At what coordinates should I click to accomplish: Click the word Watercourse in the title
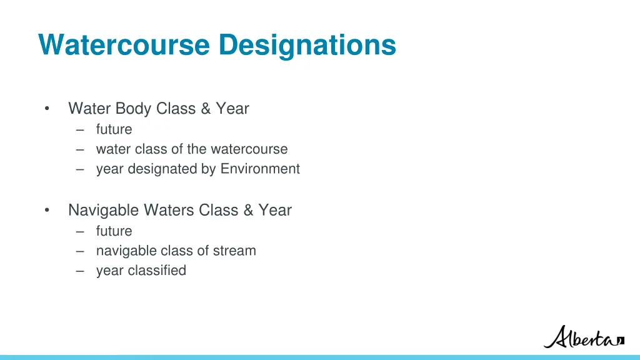[x=124, y=45]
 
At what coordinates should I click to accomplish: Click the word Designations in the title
[x=307, y=45]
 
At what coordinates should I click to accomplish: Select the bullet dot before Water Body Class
[x=47, y=109]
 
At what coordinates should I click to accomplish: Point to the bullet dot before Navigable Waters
[x=47, y=211]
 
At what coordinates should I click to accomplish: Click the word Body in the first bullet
[x=135, y=109]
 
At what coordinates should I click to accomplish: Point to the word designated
[x=162, y=169]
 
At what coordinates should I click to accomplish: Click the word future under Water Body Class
[x=114, y=129]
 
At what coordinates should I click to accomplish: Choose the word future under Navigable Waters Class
[x=114, y=231]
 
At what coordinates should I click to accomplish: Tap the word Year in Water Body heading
[x=232, y=109]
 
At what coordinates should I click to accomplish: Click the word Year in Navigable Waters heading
[x=275, y=211]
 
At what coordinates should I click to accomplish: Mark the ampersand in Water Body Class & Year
[x=206, y=109]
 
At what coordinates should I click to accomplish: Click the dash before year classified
[x=80, y=271]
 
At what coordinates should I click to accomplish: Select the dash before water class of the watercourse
[x=80, y=149]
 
